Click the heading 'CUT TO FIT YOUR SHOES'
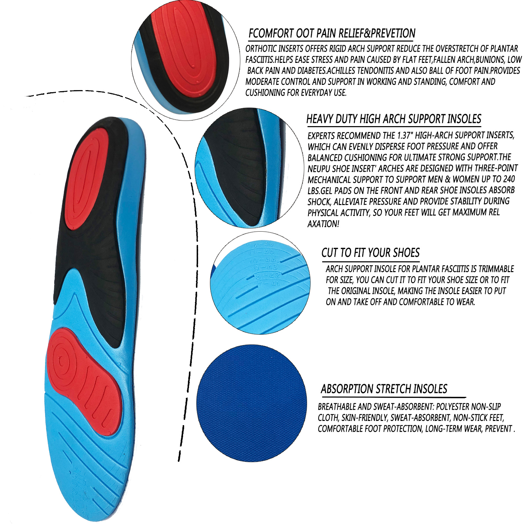[x=370, y=253]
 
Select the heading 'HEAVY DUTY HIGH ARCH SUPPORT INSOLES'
[x=394, y=119]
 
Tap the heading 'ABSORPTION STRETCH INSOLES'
[x=384, y=389]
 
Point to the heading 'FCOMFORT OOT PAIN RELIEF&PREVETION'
[x=332, y=34]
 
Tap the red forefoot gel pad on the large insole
[x=84, y=381]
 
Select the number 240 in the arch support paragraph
[x=509, y=179]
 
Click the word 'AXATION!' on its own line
[x=323, y=224]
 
